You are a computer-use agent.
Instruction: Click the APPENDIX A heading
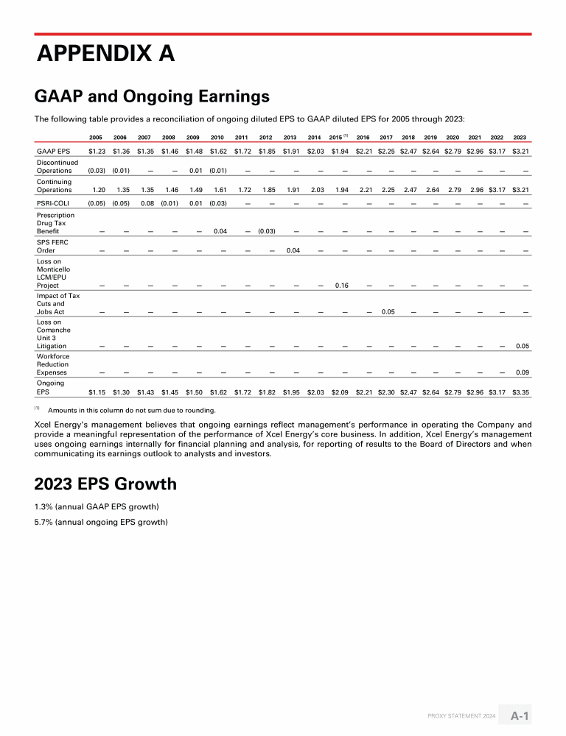pyautogui.click(x=106, y=54)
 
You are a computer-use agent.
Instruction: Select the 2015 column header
pyautogui.click(x=337, y=137)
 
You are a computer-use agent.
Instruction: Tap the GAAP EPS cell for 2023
pyautogui.click(x=520, y=151)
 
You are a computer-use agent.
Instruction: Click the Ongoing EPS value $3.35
pyautogui.click(x=520, y=393)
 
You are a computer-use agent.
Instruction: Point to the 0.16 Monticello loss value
pyautogui.click(x=341, y=286)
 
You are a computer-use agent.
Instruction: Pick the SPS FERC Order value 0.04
pyautogui.click(x=293, y=250)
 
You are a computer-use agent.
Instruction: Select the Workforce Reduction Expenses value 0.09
pyautogui.click(x=523, y=372)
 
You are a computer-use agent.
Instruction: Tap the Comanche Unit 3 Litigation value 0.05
pyautogui.click(x=523, y=346)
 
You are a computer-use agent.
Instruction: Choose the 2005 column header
pyautogui.click(x=95, y=137)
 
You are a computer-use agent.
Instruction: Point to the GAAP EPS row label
pyautogui.click(x=53, y=151)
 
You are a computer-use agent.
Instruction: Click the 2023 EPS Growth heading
pyautogui.click(x=105, y=484)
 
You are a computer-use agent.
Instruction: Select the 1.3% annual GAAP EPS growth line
pyautogui.click(x=97, y=506)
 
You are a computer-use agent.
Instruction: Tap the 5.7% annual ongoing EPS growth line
pyautogui.click(x=101, y=523)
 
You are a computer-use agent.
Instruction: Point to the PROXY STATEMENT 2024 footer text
pyautogui.click(x=462, y=716)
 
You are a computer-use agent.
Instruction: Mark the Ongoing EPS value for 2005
pyautogui.click(x=97, y=393)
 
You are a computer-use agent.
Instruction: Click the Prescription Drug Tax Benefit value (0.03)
pyautogui.click(x=266, y=231)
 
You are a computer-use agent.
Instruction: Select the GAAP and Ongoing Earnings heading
pyautogui.click(x=152, y=96)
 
